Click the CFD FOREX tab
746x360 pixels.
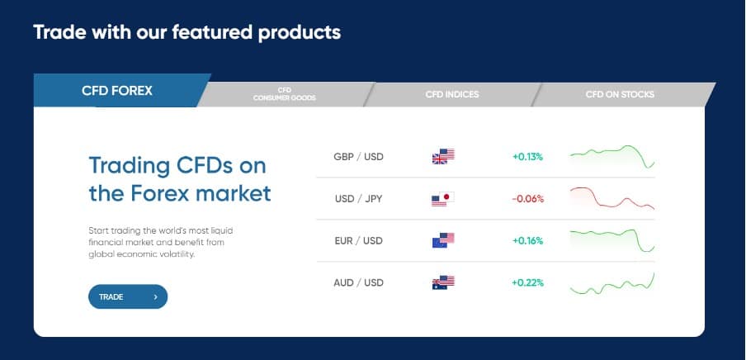117,91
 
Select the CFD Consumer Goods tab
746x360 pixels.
285,94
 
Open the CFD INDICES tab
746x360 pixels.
452,94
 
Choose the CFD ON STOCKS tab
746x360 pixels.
620,94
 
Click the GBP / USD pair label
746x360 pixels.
359,157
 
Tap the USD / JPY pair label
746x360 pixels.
359,199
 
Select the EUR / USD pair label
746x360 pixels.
359,241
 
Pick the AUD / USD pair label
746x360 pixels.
359,283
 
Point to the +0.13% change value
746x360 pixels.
527,157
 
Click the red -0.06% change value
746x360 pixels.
527,199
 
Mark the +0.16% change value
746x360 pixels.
527,241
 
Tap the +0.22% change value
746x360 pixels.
527,283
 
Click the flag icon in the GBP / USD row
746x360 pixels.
443,156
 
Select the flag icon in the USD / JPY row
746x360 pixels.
443,199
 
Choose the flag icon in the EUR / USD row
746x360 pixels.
443,241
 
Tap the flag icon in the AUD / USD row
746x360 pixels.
443,282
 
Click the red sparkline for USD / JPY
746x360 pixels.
611,199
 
